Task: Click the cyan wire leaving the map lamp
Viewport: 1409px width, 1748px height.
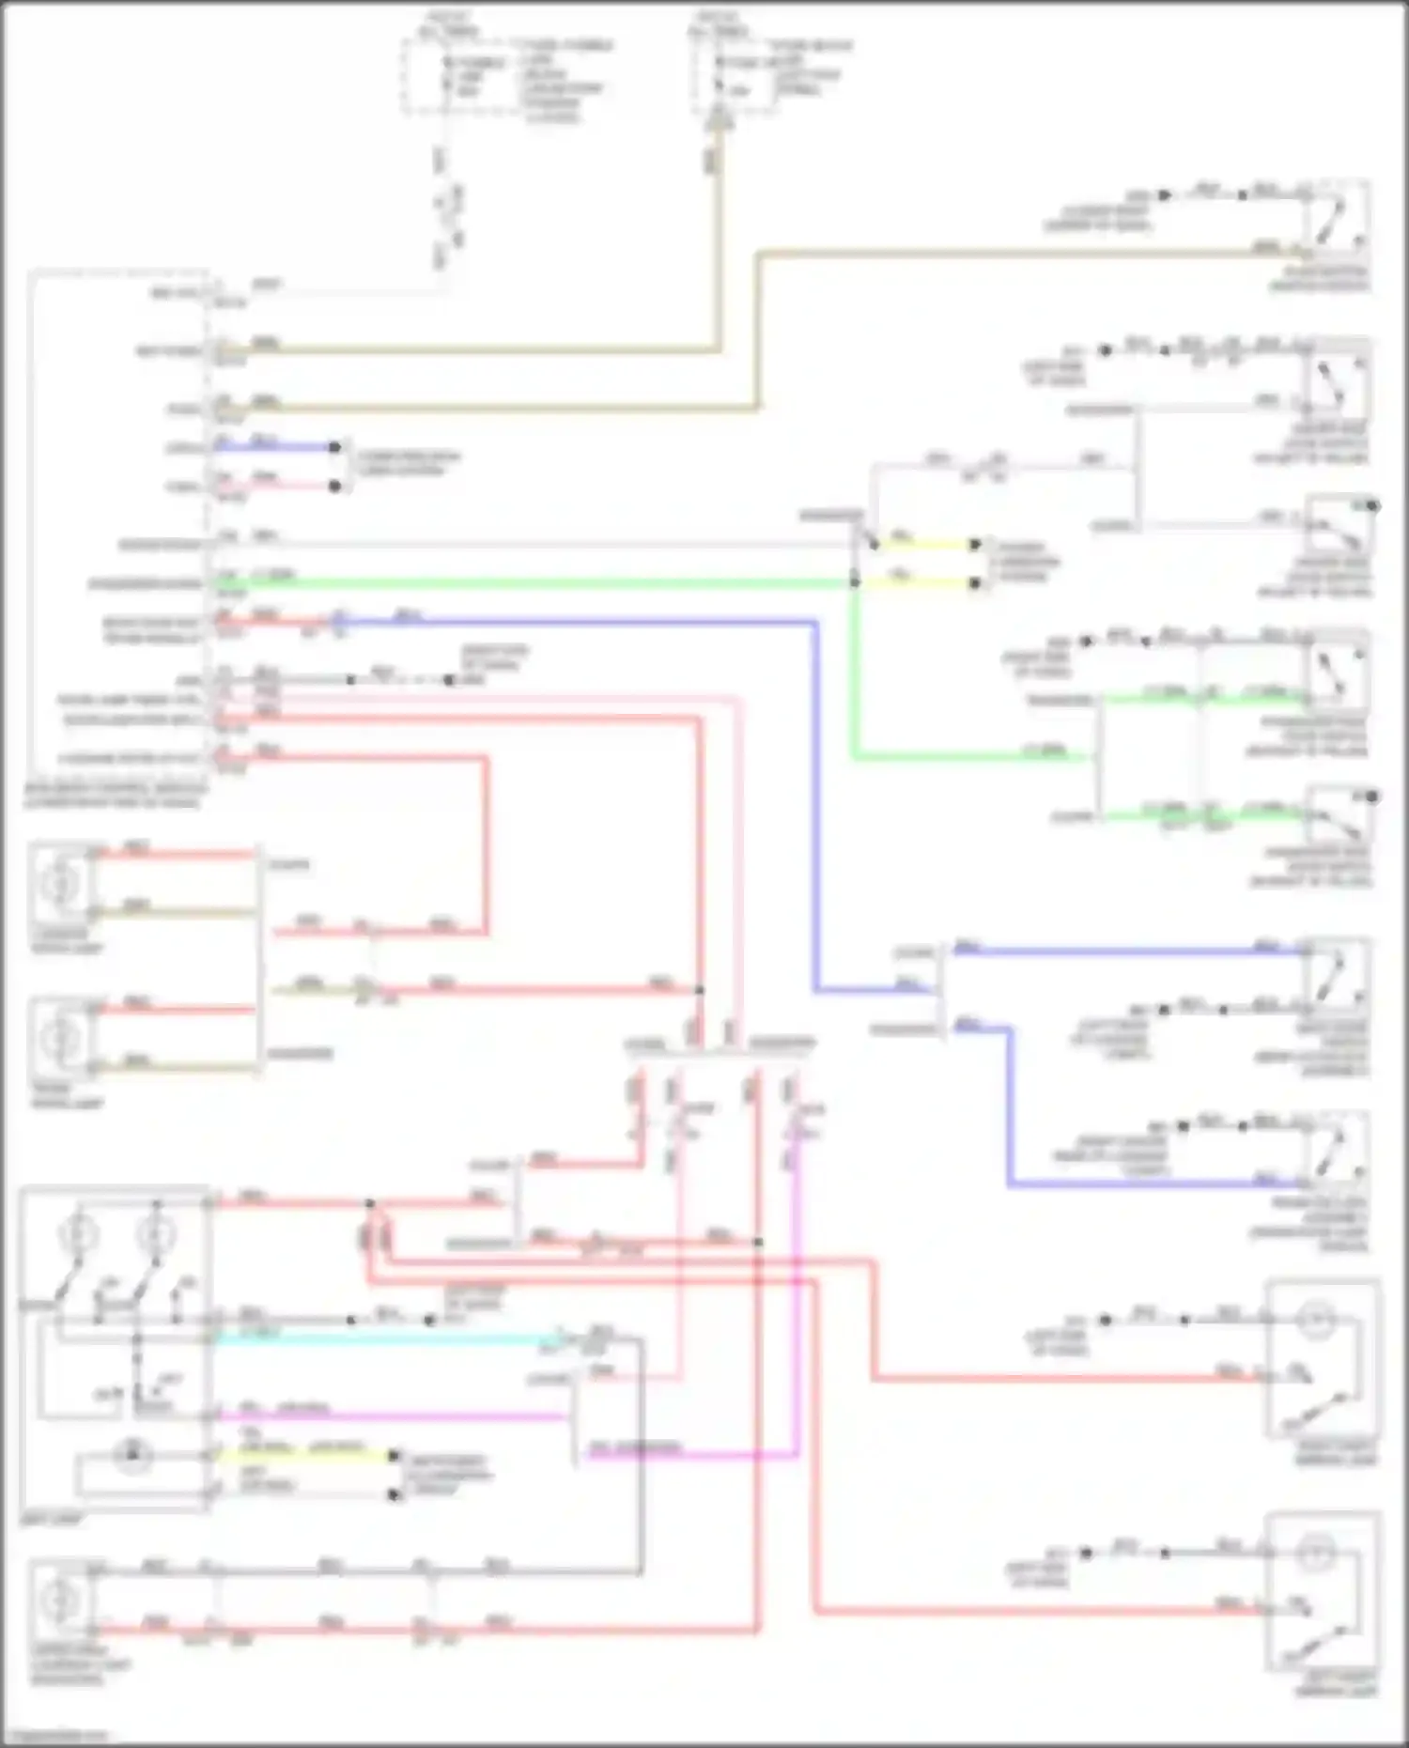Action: [x=376, y=1338]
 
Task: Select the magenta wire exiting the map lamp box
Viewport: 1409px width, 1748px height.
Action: [x=395, y=1415]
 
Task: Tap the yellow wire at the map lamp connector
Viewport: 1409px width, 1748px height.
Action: [x=310, y=1455]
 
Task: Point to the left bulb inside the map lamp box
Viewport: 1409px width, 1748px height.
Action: [x=79, y=1233]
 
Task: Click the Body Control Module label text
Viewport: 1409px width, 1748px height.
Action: [x=113, y=797]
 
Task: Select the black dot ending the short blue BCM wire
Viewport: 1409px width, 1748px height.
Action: [x=334, y=447]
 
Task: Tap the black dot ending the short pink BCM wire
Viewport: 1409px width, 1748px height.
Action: [x=334, y=486]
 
